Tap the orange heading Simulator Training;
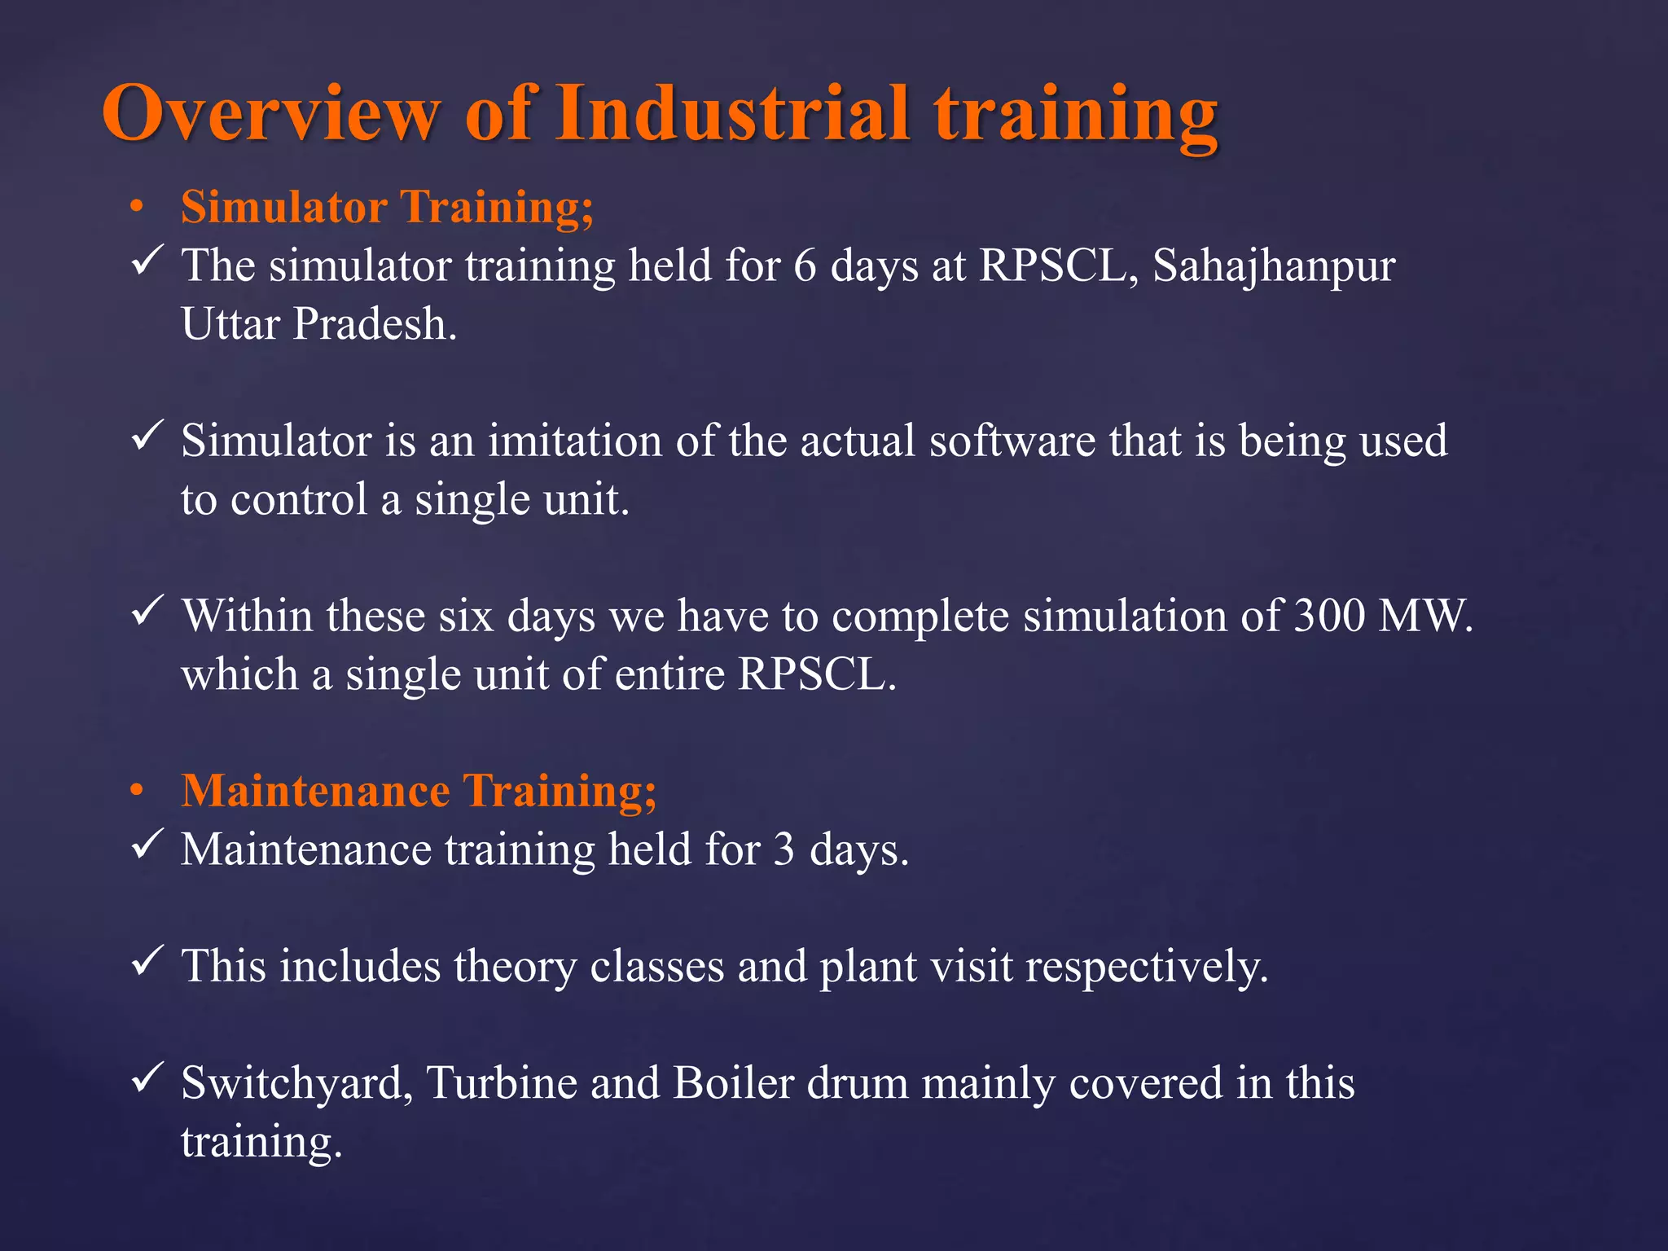[387, 207]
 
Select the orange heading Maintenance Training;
[418, 791]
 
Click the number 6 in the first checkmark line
[805, 266]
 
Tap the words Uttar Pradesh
[318, 324]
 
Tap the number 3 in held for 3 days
[784, 850]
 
